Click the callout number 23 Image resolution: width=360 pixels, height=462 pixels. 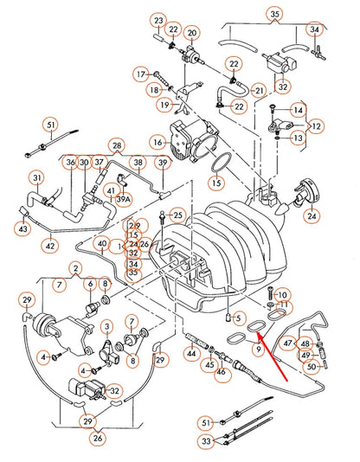click(157, 19)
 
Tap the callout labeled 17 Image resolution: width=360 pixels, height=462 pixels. click(141, 75)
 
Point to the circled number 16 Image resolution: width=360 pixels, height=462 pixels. click(157, 141)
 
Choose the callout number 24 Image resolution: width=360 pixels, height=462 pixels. click(312, 215)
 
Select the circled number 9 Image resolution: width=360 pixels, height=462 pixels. click(257, 349)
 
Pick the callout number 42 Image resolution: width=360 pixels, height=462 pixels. click(51, 247)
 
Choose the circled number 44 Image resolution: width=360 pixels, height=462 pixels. click(191, 354)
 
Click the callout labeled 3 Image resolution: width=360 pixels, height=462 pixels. click(106, 326)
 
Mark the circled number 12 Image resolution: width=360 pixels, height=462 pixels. click(317, 126)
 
